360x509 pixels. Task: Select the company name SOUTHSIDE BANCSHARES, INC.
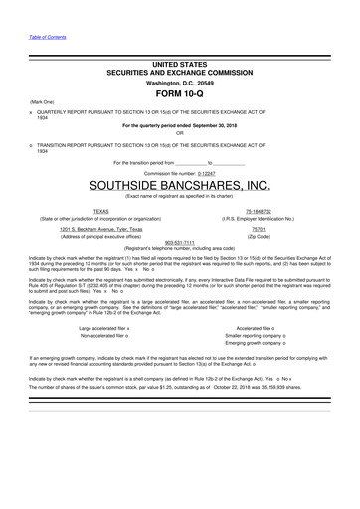point(180,186)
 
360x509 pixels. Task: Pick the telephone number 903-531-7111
point(179,243)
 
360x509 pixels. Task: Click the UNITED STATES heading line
point(179,63)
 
